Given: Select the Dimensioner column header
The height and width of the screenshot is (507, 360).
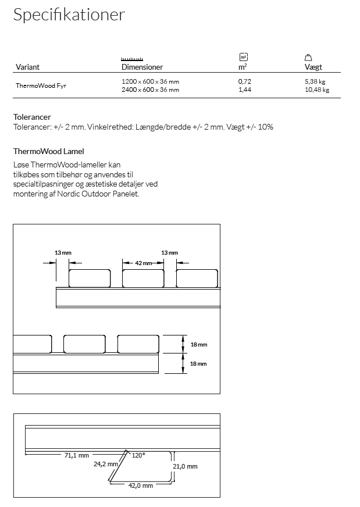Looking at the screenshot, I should point(142,67).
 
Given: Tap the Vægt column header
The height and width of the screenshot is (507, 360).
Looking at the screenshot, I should point(313,67).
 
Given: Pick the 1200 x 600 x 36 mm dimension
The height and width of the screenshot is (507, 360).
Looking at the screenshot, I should point(150,82).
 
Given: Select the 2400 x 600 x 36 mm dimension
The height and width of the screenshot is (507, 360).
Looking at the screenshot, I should point(150,90).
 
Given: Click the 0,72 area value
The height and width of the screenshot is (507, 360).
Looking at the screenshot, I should point(244,82).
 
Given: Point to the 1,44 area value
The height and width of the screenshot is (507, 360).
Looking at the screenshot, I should point(244,90).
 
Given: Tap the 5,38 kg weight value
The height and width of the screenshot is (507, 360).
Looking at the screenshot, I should point(315,82).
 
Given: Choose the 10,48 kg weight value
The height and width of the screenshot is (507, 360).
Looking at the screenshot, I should point(316,90).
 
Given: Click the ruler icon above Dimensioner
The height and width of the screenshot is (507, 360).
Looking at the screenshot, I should point(132,59).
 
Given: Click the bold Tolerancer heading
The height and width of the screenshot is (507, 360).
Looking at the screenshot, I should point(32,117).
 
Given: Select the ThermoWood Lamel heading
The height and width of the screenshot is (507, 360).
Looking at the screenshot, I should point(49,151).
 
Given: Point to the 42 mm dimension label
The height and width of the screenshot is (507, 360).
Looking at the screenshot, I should point(143,263).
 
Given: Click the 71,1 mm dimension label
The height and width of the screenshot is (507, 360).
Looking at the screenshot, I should point(76,455).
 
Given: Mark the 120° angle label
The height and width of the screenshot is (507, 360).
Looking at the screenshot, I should point(139,455).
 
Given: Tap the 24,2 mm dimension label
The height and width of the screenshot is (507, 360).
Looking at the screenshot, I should point(106,464).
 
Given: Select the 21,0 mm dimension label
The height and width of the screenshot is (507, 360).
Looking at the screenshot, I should point(186,466).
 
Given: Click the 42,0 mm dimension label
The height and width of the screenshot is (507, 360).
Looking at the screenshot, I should point(141,485).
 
